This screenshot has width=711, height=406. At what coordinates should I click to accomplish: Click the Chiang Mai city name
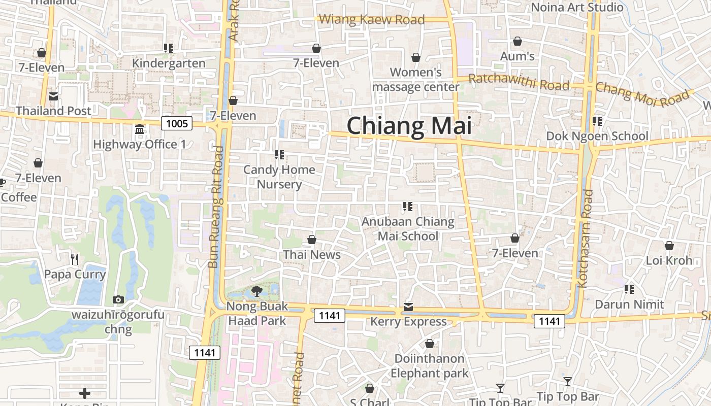click(x=409, y=126)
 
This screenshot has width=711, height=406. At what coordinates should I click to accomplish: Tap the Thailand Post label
click(x=53, y=111)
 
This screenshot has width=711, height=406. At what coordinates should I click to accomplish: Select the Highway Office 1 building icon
click(x=140, y=130)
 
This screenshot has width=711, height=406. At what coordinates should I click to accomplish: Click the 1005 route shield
click(x=177, y=123)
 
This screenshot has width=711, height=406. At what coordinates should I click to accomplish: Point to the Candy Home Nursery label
click(x=279, y=177)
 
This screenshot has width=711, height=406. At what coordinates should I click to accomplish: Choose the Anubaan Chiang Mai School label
click(x=408, y=229)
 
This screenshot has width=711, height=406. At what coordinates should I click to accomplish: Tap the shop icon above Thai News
click(x=312, y=240)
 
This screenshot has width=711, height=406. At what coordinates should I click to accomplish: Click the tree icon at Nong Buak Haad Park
click(x=256, y=291)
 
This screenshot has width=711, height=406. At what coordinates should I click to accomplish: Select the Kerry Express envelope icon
click(x=408, y=307)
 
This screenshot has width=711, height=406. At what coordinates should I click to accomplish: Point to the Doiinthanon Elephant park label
click(x=429, y=366)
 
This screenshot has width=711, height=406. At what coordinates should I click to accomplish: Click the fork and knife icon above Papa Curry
click(x=75, y=260)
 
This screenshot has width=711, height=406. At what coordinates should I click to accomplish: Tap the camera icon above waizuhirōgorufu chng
click(x=118, y=300)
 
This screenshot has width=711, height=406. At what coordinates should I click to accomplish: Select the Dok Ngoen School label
click(x=597, y=136)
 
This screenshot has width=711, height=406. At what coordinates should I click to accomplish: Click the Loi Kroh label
click(x=669, y=260)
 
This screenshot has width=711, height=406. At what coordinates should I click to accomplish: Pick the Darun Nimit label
click(x=629, y=304)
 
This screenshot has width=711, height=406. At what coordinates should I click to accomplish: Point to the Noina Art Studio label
click(x=577, y=7)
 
